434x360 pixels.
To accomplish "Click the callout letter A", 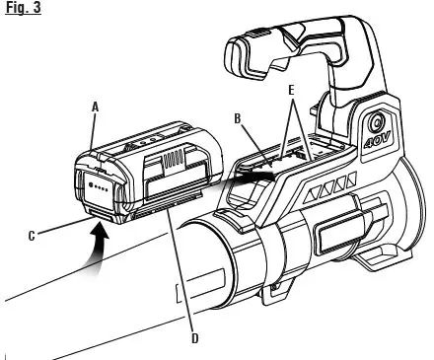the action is coord(95,106).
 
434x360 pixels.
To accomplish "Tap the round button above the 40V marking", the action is coord(378,125).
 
